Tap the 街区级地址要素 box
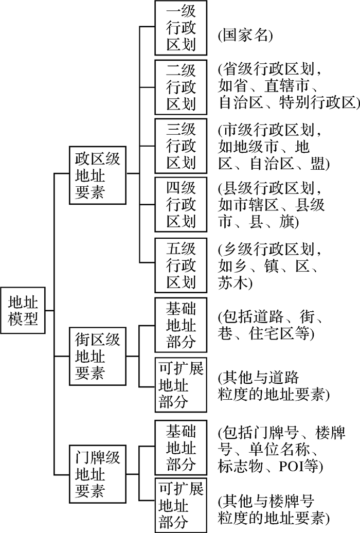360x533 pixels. pos(97,356)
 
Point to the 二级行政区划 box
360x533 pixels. pos(181,86)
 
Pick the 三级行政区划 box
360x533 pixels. pos(181,146)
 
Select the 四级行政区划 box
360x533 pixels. pos(181,205)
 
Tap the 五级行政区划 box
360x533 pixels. pos(181,264)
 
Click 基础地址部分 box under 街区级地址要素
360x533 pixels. pos(181,325)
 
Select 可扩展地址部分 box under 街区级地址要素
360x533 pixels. pos(181,385)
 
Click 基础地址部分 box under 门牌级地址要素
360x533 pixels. pos(181,447)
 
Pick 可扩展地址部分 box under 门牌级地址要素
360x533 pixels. pos(181,505)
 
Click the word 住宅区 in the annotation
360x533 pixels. pos(278,333)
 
